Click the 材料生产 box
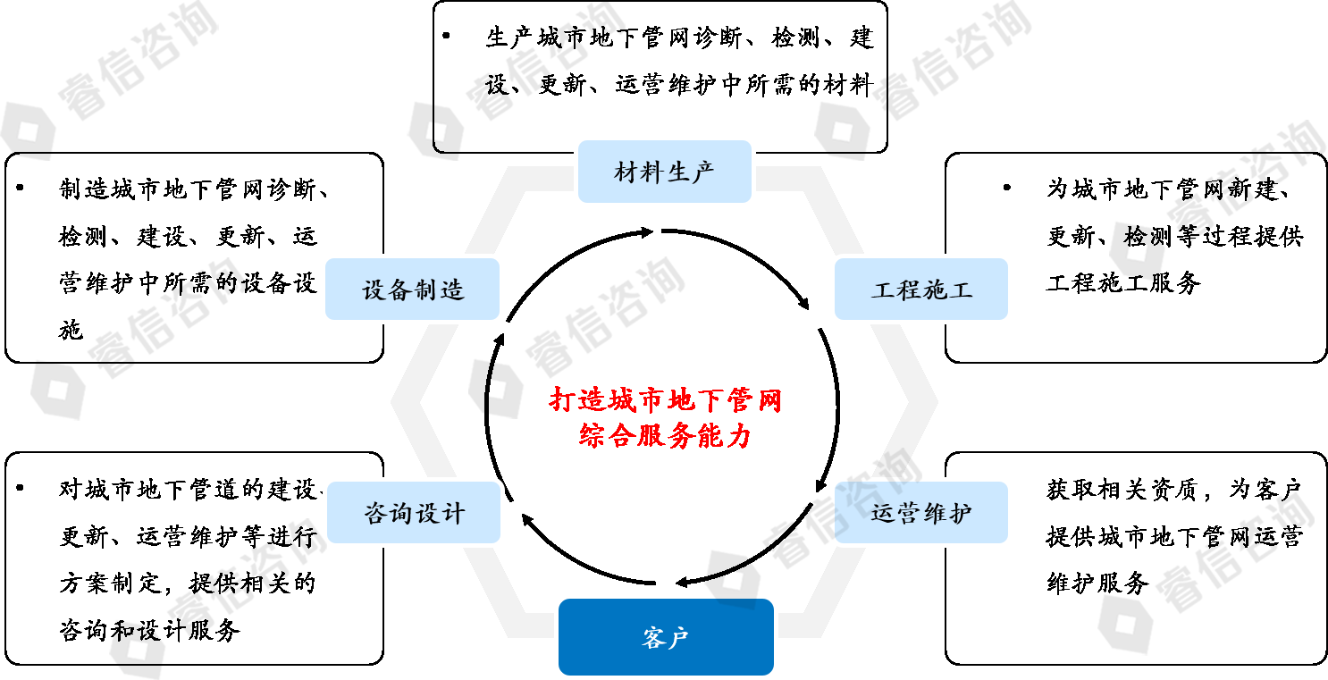click(x=664, y=172)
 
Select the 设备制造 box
click(x=412, y=290)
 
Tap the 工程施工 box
click(x=920, y=290)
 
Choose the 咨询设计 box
click(x=414, y=513)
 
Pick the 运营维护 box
click(x=920, y=513)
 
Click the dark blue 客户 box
click(x=666, y=638)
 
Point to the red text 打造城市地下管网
click(x=665, y=399)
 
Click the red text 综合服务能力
click(x=665, y=435)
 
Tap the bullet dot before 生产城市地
click(x=447, y=37)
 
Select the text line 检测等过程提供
click(x=1213, y=237)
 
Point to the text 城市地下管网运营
click(x=1200, y=537)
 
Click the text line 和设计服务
click(x=175, y=630)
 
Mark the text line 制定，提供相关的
click(x=213, y=583)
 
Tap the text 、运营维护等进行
click(x=213, y=536)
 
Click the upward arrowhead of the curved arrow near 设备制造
click(x=500, y=340)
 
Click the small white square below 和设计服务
click(x=137, y=650)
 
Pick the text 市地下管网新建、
click(x=1198, y=189)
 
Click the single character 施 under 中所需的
click(x=71, y=332)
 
